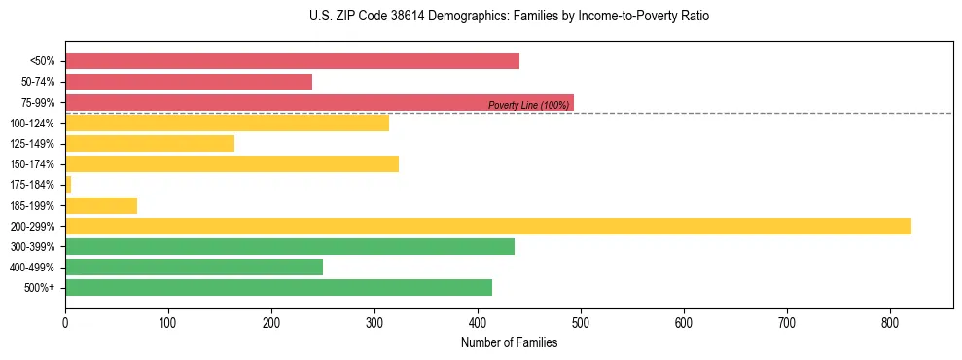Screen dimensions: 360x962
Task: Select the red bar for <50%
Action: (x=292, y=61)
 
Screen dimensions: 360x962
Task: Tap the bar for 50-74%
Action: (x=189, y=82)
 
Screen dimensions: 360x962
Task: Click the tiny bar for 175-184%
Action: (x=68, y=184)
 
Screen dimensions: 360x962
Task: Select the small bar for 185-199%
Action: (x=101, y=205)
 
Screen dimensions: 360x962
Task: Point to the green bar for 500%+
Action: (x=278, y=287)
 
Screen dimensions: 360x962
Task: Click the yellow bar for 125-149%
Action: (x=150, y=143)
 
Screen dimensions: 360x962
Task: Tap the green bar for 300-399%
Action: (x=290, y=246)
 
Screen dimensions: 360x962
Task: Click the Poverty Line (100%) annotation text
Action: (x=528, y=105)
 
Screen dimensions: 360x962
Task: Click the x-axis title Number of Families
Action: (x=509, y=342)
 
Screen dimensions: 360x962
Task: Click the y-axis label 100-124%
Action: (x=32, y=124)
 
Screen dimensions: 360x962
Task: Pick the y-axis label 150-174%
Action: (x=32, y=164)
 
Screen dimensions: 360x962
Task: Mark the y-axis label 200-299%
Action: (x=32, y=226)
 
